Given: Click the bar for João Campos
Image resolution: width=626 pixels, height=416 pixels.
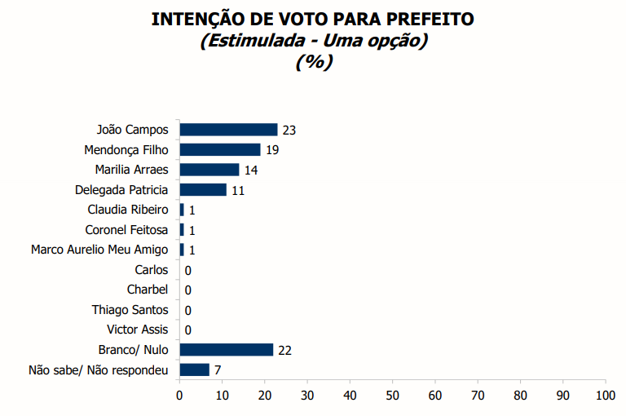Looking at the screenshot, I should pos(228,129).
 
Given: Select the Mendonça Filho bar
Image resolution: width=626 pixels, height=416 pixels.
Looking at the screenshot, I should pos(220,149).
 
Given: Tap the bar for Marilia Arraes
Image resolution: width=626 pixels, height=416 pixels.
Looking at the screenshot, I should pos(209,170).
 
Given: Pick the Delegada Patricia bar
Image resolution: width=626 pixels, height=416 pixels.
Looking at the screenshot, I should pos(203,189).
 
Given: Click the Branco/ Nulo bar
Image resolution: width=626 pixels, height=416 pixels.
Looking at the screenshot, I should pos(227,350).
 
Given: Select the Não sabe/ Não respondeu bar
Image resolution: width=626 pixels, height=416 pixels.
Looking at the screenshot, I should pos(195,370).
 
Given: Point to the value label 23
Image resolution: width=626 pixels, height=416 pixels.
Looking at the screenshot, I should pos(289,130).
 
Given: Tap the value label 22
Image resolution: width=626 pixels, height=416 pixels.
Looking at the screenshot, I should pos(284,351).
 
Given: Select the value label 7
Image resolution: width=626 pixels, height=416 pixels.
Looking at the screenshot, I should pos(218,370).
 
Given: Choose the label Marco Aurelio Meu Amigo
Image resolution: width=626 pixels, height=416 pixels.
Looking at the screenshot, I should pos(99,250).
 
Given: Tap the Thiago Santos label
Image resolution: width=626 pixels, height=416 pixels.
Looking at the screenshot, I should pos(130,310).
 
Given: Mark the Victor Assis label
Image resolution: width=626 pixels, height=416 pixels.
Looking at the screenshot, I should pos(138,330).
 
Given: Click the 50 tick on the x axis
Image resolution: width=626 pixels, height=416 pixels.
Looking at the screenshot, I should pos(393,396).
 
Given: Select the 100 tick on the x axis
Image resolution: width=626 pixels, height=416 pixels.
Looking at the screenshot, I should pos(606,396).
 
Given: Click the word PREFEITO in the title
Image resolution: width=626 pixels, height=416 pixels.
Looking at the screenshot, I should pos(422,19).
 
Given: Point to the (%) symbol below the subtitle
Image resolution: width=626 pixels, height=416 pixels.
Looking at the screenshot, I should pos(313,61).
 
